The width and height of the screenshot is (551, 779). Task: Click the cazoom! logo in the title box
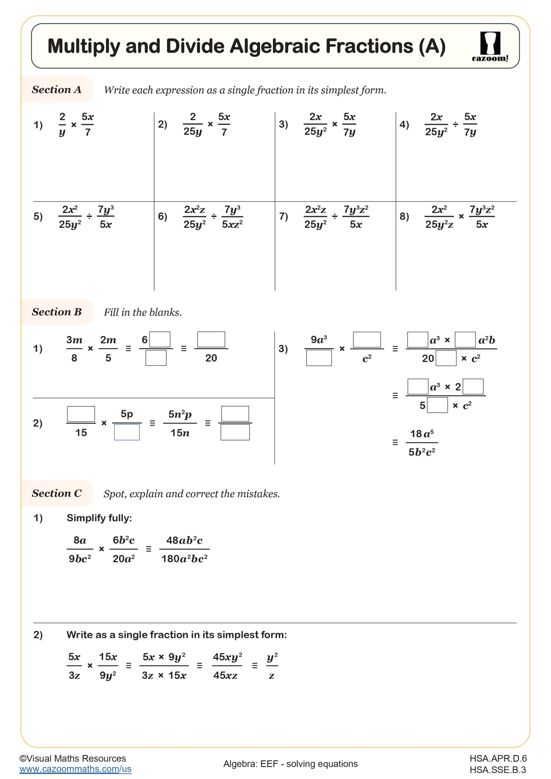(x=490, y=47)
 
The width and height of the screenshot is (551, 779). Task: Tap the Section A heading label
(x=57, y=89)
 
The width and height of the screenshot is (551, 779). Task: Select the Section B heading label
(x=57, y=312)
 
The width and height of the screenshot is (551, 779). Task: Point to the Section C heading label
(x=57, y=493)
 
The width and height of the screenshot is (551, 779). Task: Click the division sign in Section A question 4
(x=455, y=124)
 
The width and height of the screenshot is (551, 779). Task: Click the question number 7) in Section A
(x=283, y=216)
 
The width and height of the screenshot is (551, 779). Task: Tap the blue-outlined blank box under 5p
(x=127, y=432)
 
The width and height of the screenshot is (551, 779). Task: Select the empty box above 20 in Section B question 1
(x=211, y=339)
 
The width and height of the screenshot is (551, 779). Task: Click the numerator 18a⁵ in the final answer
(x=422, y=434)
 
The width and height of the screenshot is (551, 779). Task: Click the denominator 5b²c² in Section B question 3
(x=422, y=452)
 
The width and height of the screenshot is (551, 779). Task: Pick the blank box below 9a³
(x=319, y=358)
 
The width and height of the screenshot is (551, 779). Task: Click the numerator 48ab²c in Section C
(x=184, y=540)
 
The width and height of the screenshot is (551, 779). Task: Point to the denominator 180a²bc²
(x=184, y=558)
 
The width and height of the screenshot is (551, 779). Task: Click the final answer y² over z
(x=272, y=666)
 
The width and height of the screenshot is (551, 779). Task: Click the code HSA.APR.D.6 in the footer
(x=498, y=758)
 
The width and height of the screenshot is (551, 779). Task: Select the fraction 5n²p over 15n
(x=180, y=423)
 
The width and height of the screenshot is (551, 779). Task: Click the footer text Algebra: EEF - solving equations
(x=291, y=764)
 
